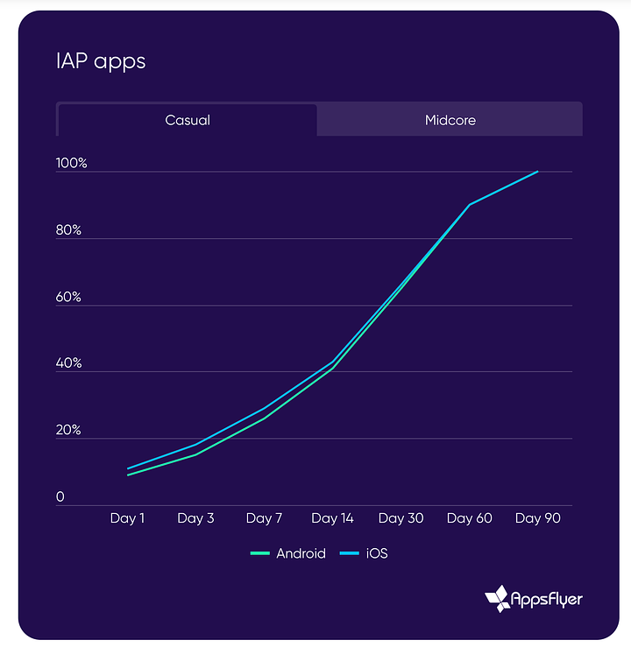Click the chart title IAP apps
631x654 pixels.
(x=100, y=61)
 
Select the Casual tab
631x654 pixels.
(x=188, y=120)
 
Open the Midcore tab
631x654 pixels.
(x=450, y=120)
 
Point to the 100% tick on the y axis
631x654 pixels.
(x=72, y=164)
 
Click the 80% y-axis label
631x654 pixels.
(x=69, y=230)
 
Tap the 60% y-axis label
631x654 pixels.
(x=69, y=297)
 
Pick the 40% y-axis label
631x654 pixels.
(x=69, y=363)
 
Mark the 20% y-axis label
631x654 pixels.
(x=69, y=431)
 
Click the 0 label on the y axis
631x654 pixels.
(x=60, y=497)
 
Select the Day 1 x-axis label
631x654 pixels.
(x=128, y=518)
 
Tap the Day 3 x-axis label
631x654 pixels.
(x=195, y=518)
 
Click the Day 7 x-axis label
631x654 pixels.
(x=264, y=518)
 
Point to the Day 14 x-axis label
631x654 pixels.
(x=332, y=518)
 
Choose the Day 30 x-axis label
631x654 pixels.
(x=401, y=518)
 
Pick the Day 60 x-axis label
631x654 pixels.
(x=470, y=518)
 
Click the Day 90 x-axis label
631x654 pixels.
(x=537, y=518)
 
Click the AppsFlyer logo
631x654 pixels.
(x=534, y=599)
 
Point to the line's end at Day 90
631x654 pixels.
(x=537, y=172)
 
